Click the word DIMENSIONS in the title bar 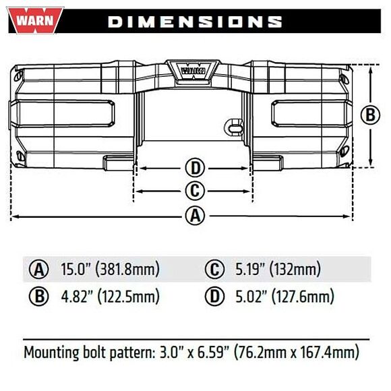tap(195, 22)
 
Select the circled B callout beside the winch tap(371, 115)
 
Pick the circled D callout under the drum tap(194, 168)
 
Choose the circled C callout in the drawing tap(194, 191)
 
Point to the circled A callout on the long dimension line tap(194, 216)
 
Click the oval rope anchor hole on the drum tap(233, 126)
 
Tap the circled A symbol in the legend tap(38, 270)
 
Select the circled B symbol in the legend tap(38, 297)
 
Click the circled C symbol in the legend tap(214, 270)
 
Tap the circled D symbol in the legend tap(214, 297)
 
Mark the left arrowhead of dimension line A tap(14, 216)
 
